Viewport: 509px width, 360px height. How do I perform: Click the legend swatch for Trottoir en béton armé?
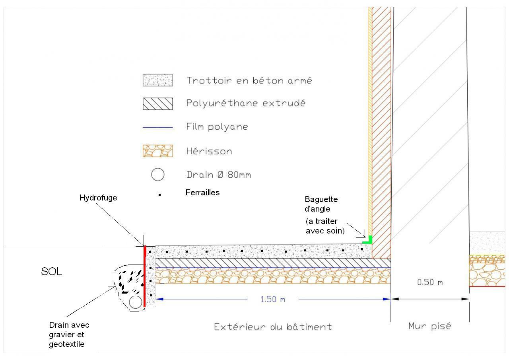point(157,80)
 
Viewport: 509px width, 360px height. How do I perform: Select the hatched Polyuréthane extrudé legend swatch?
point(157,104)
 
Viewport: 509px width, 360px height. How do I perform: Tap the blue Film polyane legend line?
point(157,127)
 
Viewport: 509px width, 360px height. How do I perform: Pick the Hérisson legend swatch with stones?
point(157,151)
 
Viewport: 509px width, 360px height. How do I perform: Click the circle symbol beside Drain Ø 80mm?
point(158,175)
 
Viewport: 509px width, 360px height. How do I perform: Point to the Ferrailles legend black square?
point(159,195)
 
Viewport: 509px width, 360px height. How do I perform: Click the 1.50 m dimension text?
point(273,299)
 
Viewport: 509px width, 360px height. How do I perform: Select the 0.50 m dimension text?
point(430,282)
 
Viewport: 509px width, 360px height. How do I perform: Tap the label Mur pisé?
point(429,326)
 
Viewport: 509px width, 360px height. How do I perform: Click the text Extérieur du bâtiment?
point(273,327)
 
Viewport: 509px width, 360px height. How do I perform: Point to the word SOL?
point(52,272)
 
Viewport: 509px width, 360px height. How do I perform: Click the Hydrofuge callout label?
point(98,198)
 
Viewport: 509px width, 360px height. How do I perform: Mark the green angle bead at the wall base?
point(368,240)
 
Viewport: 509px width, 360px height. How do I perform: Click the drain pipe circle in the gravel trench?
point(136,302)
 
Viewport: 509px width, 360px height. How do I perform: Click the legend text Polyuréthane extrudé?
point(246,103)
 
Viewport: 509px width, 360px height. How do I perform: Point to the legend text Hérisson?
point(209,151)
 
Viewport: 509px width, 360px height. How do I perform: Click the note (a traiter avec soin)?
point(325,226)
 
